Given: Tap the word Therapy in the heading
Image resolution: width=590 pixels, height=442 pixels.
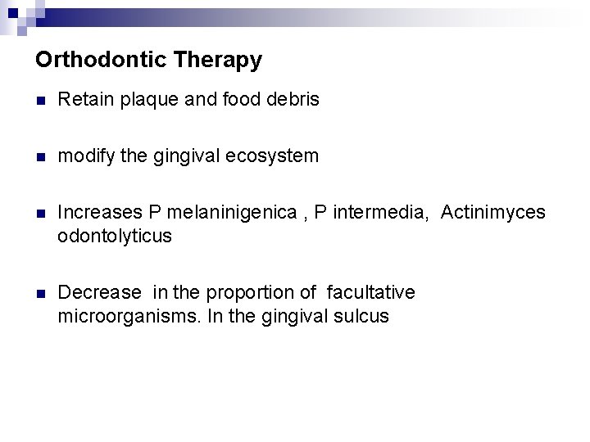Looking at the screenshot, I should coord(221,60).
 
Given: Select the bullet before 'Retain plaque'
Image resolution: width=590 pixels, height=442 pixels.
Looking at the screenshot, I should coord(41,101).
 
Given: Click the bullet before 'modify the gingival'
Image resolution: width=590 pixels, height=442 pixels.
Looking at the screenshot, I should coord(41,156).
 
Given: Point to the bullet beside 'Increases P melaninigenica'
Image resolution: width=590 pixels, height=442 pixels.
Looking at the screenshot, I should coord(41,213).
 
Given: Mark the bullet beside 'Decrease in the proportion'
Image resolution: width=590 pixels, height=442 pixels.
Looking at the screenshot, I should coord(41,293).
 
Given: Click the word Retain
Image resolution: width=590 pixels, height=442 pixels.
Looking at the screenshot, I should coord(85,100).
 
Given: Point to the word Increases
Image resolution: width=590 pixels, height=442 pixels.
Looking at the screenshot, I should coord(98,212).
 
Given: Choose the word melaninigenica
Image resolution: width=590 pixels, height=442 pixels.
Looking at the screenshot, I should coord(232,212).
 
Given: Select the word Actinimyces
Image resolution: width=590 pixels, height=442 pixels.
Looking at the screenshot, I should coord(492,212).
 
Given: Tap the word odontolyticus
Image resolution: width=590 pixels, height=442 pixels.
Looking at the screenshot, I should coord(115,236).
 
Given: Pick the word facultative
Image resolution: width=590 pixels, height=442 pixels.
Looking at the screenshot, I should coord(370,292).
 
